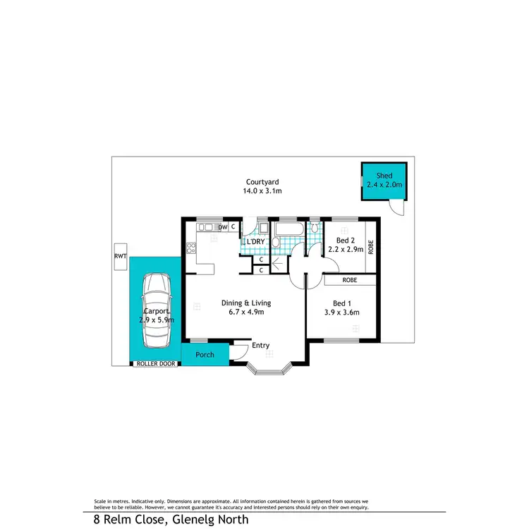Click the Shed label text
point(384,176)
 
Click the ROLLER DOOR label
point(155,365)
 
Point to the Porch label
point(205,355)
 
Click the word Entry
point(261,345)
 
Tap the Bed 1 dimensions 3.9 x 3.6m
point(341,312)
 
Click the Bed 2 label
point(344,239)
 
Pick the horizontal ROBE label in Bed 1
point(349,280)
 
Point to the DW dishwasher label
point(222,227)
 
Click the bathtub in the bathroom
point(289,229)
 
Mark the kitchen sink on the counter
point(205,227)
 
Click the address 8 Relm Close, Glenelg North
point(171,520)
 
